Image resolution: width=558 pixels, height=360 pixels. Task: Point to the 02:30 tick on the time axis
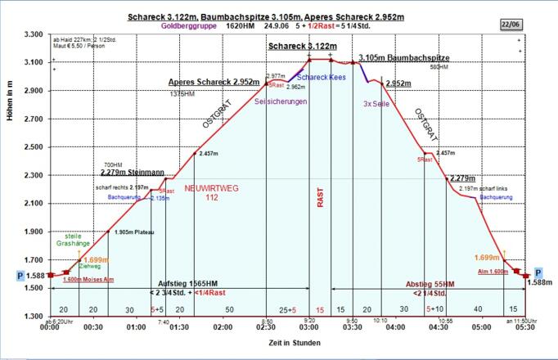click(266, 326)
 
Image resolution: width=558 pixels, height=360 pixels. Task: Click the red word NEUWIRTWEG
click(211, 188)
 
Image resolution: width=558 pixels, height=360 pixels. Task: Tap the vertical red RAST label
click(321, 196)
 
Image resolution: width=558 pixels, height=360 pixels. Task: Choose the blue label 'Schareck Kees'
click(322, 77)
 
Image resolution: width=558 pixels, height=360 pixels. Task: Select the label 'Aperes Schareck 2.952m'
click(214, 83)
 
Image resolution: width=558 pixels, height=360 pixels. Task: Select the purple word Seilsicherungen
click(281, 101)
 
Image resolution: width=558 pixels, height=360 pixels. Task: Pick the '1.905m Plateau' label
click(136, 232)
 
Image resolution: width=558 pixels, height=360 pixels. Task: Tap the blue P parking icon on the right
click(538, 272)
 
